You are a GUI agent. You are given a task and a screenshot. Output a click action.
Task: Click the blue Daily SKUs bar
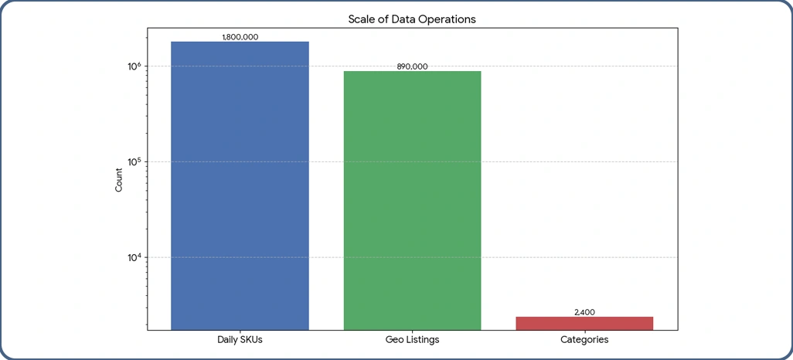[240, 185]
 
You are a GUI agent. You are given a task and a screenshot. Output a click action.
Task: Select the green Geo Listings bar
[412, 200]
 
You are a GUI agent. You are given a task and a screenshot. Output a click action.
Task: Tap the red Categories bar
[584, 323]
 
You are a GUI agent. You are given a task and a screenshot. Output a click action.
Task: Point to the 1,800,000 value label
[240, 37]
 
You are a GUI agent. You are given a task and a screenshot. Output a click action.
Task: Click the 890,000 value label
[412, 66]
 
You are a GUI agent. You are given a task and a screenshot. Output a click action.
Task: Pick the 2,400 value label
[584, 312]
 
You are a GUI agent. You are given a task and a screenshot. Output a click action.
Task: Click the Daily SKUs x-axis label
[240, 340]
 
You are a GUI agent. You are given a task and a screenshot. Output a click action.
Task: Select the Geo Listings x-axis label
[412, 340]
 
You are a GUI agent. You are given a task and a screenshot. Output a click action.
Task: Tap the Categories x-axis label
[584, 340]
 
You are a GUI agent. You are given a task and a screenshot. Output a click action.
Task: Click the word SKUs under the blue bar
[251, 340]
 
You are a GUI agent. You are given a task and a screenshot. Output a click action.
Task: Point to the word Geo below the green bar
[393, 340]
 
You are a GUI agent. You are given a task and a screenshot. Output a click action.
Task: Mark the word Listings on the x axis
[422, 340]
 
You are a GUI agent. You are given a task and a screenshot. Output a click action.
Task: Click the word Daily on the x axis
[227, 340]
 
